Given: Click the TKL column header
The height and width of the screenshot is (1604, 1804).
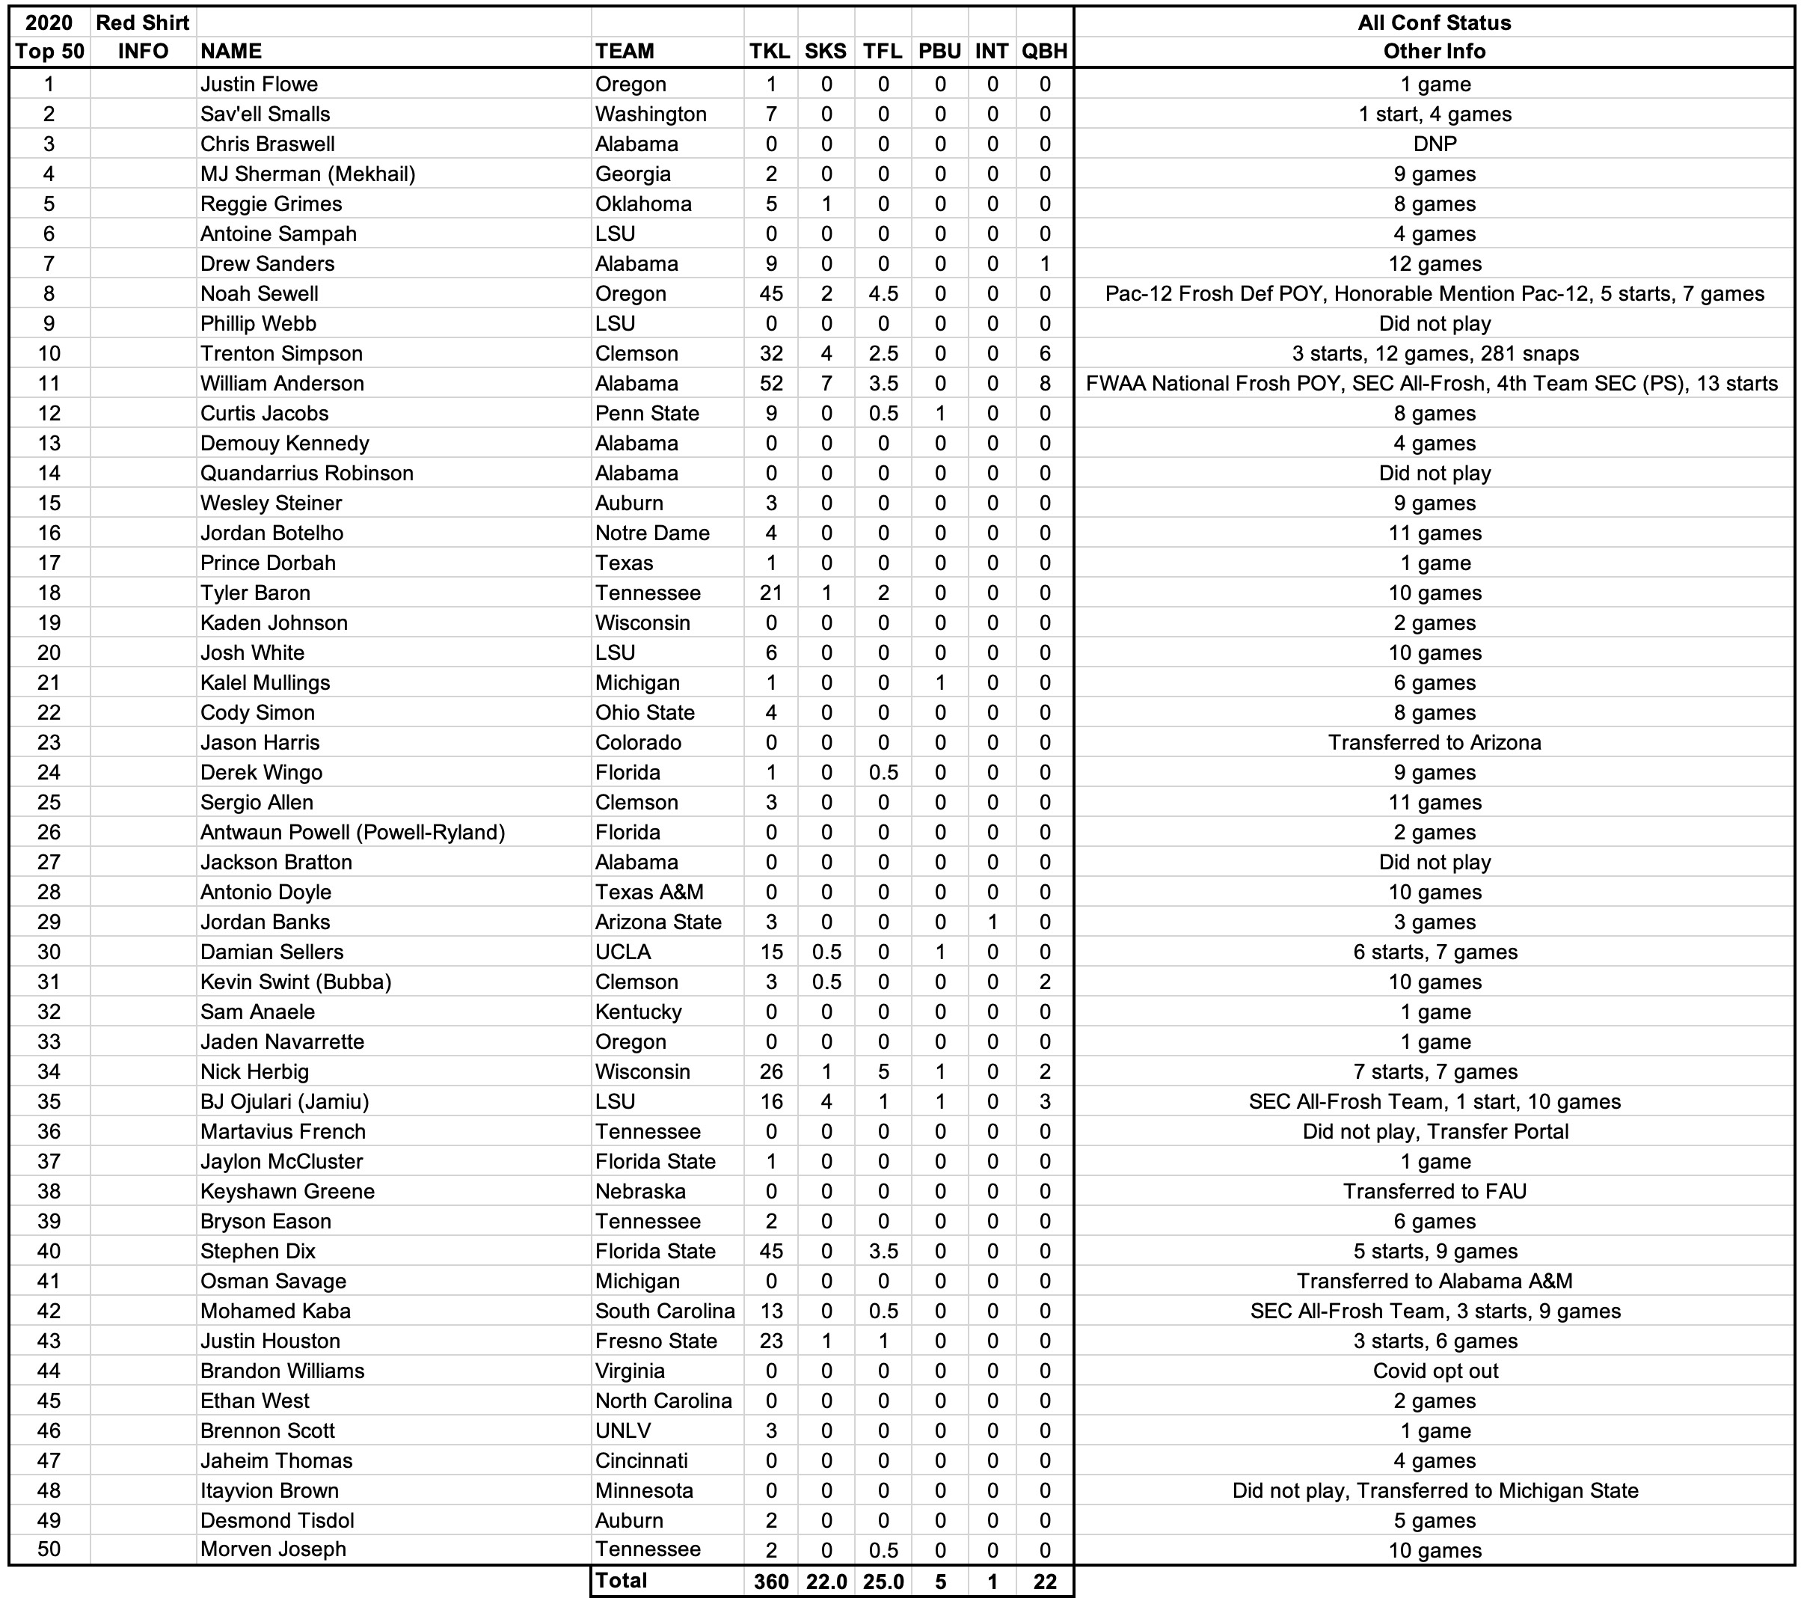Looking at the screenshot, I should [x=770, y=51].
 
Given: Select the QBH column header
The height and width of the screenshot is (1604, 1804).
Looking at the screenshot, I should [x=1045, y=51].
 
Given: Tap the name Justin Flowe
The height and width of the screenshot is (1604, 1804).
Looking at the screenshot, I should [x=259, y=85].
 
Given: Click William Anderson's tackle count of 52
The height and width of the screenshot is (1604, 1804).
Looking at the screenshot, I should [x=770, y=384].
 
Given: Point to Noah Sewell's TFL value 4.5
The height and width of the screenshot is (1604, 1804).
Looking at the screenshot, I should [x=883, y=294].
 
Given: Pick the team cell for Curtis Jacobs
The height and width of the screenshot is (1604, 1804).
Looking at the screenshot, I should [x=647, y=414].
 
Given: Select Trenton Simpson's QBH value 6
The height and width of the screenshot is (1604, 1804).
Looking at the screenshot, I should [x=1045, y=354].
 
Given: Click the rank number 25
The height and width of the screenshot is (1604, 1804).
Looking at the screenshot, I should [x=49, y=803].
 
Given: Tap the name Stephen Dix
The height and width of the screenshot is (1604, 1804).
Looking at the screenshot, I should [x=258, y=1252].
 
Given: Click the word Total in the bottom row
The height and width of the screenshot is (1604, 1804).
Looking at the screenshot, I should [x=622, y=1580].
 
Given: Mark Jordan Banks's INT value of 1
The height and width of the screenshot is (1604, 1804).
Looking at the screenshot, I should [x=992, y=922].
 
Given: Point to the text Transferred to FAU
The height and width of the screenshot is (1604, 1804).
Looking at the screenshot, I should [x=1435, y=1192].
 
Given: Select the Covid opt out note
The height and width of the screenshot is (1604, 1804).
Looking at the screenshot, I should [x=1435, y=1371].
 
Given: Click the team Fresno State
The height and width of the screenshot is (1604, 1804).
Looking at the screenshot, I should [x=656, y=1341].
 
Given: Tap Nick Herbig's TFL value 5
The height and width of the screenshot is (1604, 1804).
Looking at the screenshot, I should [x=883, y=1071].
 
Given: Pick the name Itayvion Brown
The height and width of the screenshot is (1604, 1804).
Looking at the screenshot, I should [x=269, y=1491].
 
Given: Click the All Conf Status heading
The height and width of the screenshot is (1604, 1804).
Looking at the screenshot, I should [x=1435, y=23].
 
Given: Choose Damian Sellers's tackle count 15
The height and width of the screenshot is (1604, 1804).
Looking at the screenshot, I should [x=770, y=952].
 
